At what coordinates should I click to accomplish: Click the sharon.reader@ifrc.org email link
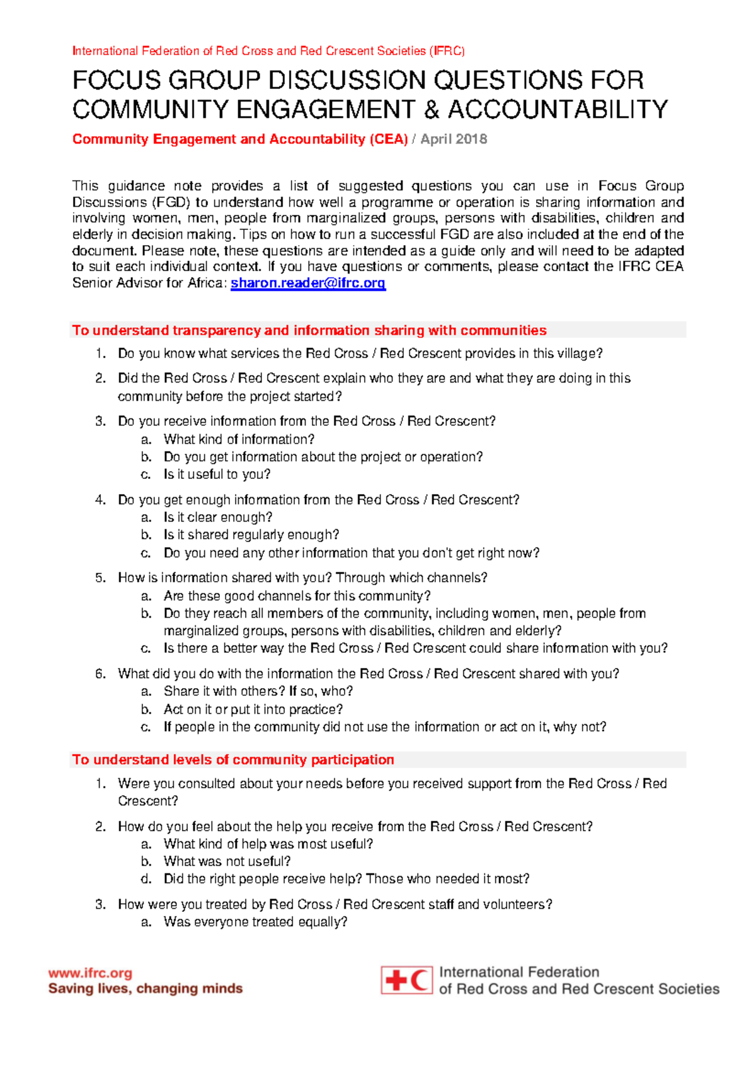(x=307, y=283)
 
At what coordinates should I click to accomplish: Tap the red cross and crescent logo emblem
(x=406, y=980)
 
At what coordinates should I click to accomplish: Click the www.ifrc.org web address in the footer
(x=90, y=973)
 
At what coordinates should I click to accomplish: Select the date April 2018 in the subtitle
(x=454, y=139)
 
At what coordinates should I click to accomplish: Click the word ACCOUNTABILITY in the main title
(x=558, y=110)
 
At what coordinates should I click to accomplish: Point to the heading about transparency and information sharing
(x=309, y=330)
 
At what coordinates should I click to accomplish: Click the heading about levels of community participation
(x=233, y=759)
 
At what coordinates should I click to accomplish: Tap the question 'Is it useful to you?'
(x=217, y=474)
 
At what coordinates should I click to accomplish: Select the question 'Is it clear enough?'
(x=218, y=517)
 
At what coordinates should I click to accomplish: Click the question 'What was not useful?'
(x=227, y=861)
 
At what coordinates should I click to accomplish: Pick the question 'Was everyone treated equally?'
(x=255, y=922)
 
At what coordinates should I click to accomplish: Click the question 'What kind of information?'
(x=239, y=439)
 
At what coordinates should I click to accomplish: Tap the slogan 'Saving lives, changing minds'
(x=146, y=988)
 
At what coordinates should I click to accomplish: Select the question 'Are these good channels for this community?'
(x=297, y=595)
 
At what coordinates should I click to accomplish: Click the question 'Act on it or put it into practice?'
(x=253, y=709)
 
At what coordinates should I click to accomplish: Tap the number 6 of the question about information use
(x=100, y=674)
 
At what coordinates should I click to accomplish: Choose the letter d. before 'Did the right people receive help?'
(x=146, y=878)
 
